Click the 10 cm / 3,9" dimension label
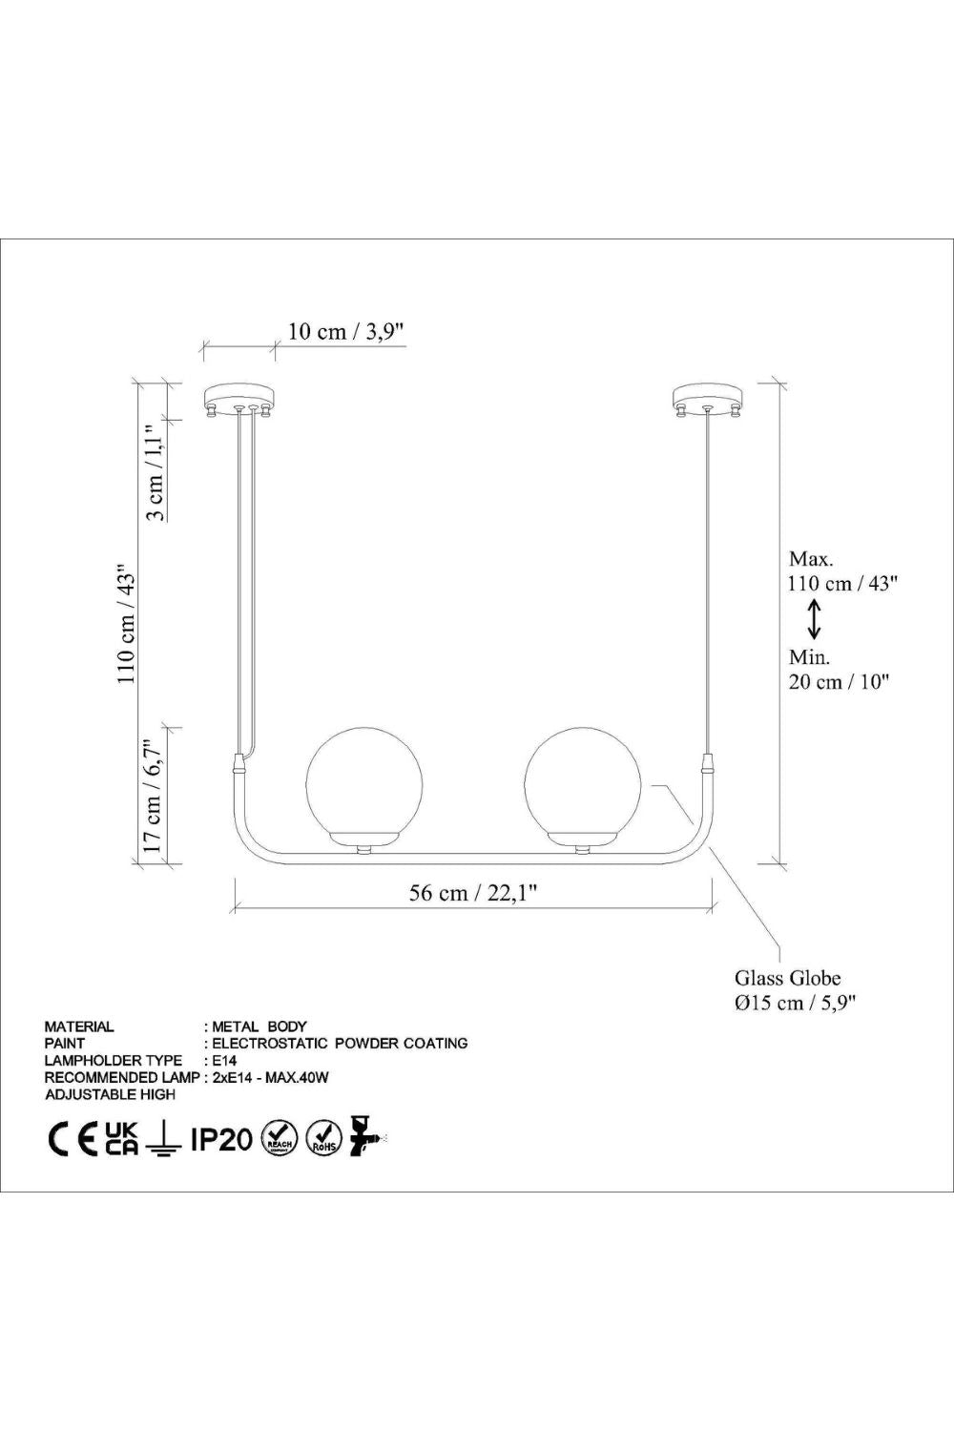[x=345, y=332]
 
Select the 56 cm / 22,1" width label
[x=472, y=892]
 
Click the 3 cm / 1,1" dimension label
[x=156, y=473]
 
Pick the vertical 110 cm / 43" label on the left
[x=127, y=624]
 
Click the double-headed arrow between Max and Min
[x=814, y=619]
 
